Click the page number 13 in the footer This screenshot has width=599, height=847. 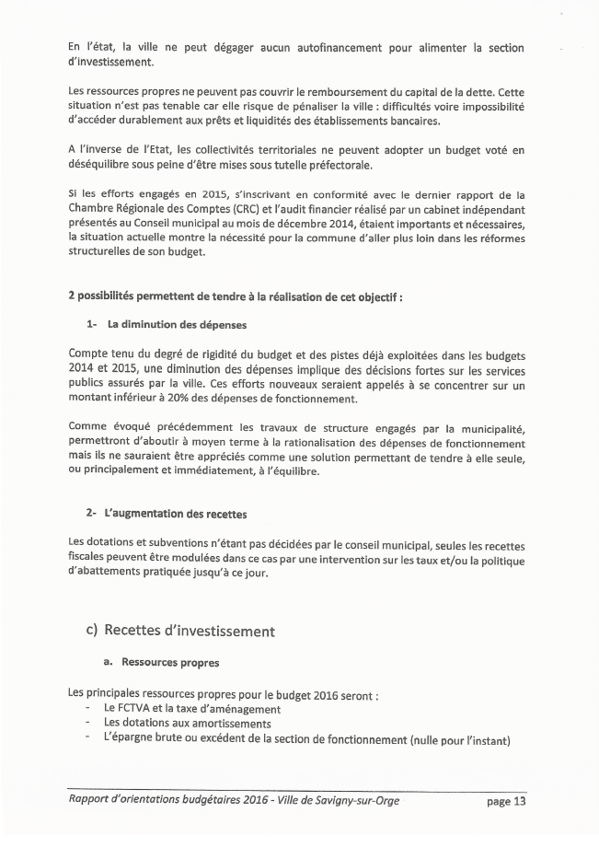point(518,801)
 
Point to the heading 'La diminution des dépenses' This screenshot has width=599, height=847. point(177,324)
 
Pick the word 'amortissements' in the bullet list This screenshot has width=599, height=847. point(225,724)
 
